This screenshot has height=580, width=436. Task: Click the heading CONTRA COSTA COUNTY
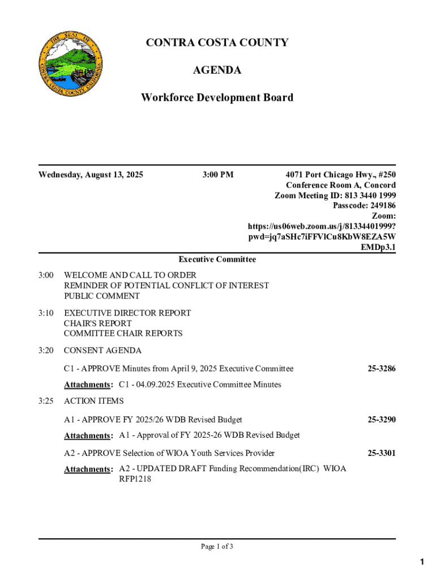(x=217, y=43)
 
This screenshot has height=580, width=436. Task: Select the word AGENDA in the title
(x=217, y=70)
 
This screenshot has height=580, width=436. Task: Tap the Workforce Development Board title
(x=217, y=97)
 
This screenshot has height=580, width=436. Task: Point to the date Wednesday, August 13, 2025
(x=91, y=174)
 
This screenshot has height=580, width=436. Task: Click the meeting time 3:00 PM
(x=217, y=174)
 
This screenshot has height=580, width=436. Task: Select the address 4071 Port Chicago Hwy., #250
(x=340, y=174)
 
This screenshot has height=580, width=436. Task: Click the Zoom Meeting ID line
(x=335, y=195)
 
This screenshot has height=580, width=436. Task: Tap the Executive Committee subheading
(x=217, y=259)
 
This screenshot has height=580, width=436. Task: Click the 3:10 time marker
(x=46, y=313)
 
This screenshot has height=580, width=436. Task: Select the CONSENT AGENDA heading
(x=102, y=351)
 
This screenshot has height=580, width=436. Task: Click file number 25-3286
(x=381, y=369)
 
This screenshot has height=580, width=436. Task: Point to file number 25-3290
(x=381, y=420)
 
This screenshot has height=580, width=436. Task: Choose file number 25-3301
(x=381, y=453)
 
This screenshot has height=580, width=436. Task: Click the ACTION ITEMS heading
(x=93, y=401)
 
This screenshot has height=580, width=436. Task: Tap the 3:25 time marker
(x=46, y=401)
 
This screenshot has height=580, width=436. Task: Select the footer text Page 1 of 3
(x=217, y=547)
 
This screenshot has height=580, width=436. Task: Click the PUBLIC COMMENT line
(x=101, y=296)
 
